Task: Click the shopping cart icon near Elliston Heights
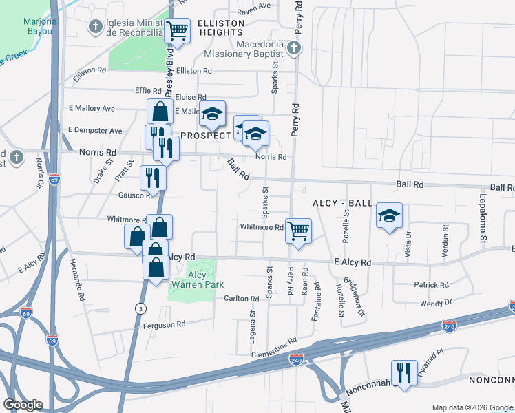[x=177, y=31]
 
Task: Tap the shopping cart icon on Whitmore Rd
[x=298, y=231]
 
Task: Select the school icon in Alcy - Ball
[x=389, y=216]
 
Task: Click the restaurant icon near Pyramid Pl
[x=404, y=372]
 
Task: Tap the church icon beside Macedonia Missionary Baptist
[x=294, y=47]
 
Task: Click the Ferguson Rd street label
[x=162, y=324]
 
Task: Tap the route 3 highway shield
[x=140, y=307]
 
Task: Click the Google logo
[x=23, y=405]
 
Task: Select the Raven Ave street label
[x=254, y=6]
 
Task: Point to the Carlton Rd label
[x=241, y=299]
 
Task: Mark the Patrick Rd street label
[x=432, y=285]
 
